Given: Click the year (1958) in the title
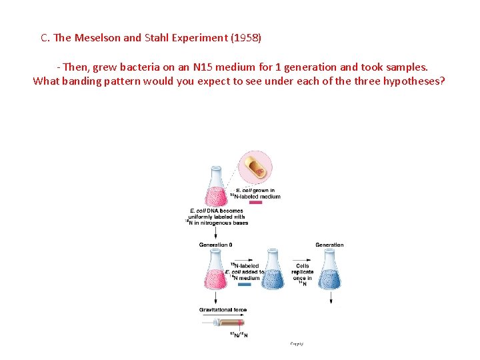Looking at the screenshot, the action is pyautogui.click(x=246, y=37).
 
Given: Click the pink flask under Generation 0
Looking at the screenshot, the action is pyautogui.click(x=215, y=270).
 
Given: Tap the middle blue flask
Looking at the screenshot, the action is pyautogui.click(x=273, y=270).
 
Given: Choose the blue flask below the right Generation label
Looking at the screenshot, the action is pyautogui.click(x=329, y=270).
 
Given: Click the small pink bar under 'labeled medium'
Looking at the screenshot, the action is pyautogui.click(x=255, y=203).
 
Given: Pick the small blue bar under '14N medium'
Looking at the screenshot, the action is pyautogui.click(x=244, y=284).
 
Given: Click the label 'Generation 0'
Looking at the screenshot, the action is pyautogui.click(x=215, y=245).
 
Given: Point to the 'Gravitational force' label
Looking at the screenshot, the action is pyautogui.click(x=223, y=310).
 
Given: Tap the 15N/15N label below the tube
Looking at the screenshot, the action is pyautogui.click(x=239, y=335).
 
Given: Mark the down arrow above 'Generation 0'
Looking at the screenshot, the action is pyautogui.click(x=215, y=233).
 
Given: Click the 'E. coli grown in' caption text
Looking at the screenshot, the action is pyautogui.click(x=255, y=191).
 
